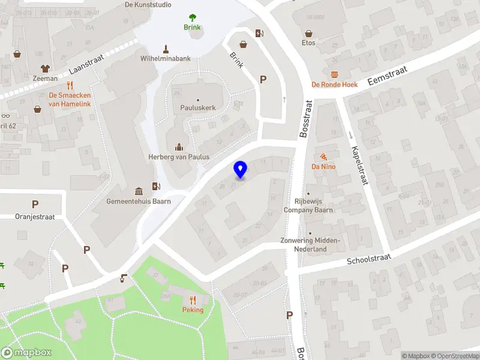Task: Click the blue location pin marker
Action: pos(241,170)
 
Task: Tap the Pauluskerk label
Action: pos(198,108)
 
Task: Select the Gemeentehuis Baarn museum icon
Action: pos(139,191)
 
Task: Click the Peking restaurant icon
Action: pos(193,299)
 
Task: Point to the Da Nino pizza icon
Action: pos(323,156)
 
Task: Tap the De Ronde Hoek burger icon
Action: pos(334,74)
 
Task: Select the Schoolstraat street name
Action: pos(369,259)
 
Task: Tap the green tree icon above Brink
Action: pos(192,17)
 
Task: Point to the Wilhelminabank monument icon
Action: pos(166,49)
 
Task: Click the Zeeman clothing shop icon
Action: pos(45,68)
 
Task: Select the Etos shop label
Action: pos(309,43)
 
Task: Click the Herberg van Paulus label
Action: pos(179,157)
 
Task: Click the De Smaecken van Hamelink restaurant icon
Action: pos(70,85)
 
